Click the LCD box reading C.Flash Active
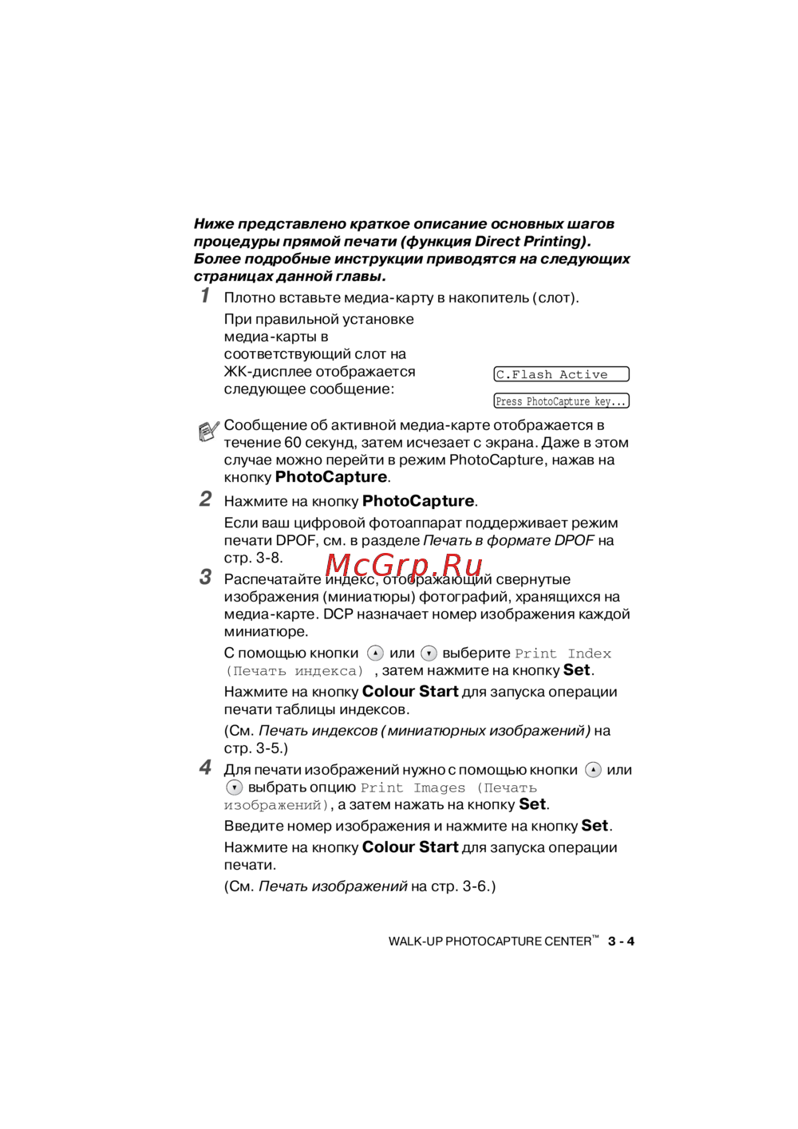click(x=561, y=374)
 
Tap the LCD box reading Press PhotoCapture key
click(x=561, y=401)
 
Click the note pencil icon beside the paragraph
click(x=208, y=431)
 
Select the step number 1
click(x=205, y=296)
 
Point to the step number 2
click(x=205, y=499)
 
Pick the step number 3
click(x=205, y=578)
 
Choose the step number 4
click(x=205, y=768)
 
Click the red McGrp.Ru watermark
click(x=404, y=565)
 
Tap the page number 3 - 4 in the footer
click(x=621, y=941)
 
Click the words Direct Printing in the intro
click(x=531, y=242)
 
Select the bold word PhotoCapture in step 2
click(x=418, y=501)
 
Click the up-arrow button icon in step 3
click(x=375, y=653)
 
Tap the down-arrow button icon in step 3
click(x=429, y=653)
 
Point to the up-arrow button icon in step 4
click(x=593, y=770)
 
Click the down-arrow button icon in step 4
click(x=234, y=788)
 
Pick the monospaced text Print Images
click(x=413, y=788)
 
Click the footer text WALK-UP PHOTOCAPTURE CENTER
click(x=490, y=941)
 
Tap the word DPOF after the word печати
click(x=296, y=541)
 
